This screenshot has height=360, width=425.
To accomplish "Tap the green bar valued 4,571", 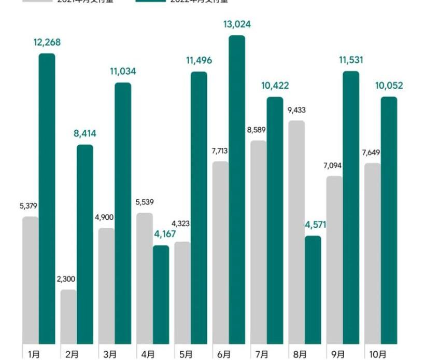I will [x=313, y=290].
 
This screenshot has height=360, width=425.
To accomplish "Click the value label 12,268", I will [x=47, y=43].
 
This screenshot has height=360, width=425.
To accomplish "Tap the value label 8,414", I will [x=84, y=134].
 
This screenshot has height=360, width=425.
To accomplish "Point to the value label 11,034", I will [x=122, y=72].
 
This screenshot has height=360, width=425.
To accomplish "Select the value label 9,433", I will [x=296, y=110].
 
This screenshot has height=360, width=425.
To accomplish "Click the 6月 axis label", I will [x=224, y=354].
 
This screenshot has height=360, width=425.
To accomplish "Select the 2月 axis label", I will [x=73, y=354].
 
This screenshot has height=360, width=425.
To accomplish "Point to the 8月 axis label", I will [x=300, y=354].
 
